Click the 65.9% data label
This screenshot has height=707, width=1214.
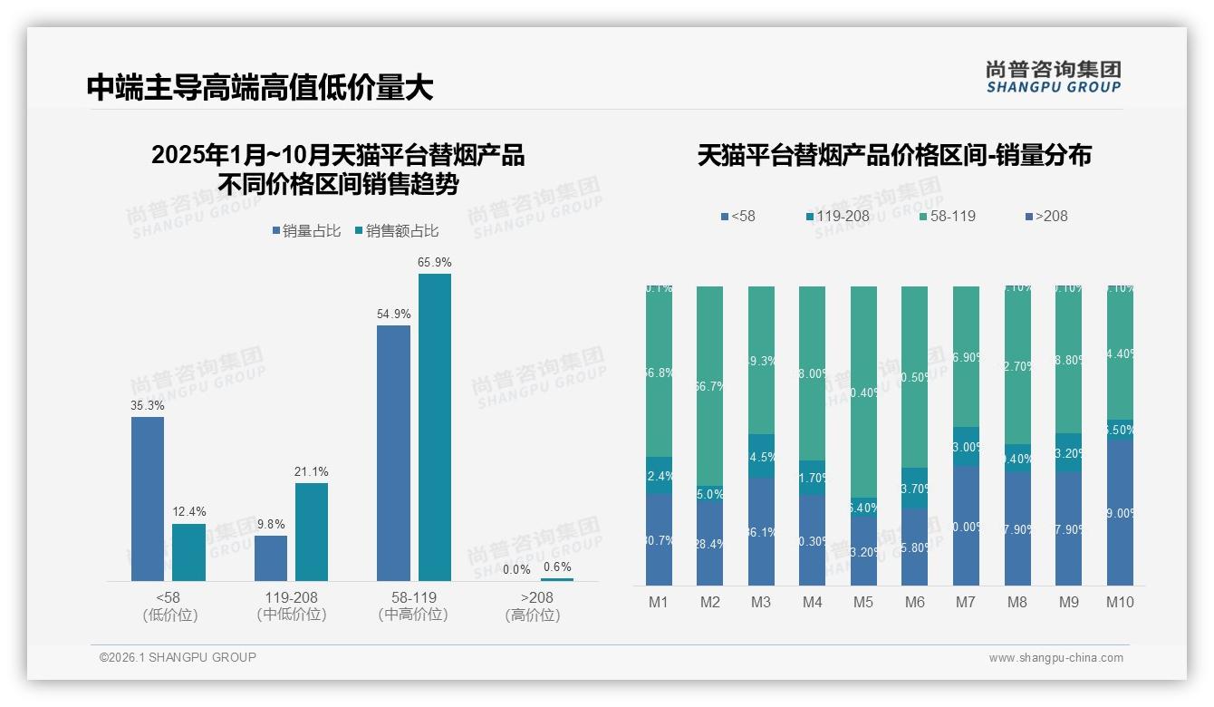pyautogui.click(x=435, y=262)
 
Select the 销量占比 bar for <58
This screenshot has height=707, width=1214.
pyautogui.click(x=148, y=499)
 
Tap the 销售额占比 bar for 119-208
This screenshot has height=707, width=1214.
pyautogui.click(x=312, y=531)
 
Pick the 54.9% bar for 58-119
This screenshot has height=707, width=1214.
pyautogui.click(x=393, y=452)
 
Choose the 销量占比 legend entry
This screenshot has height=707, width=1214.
pyautogui.click(x=306, y=231)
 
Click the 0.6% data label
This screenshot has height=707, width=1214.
pyautogui.click(x=557, y=567)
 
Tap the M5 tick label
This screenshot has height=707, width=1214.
pyautogui.click(x=863, y=602)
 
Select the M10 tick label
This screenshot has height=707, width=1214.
pyautogui.click(x=1120, y=602)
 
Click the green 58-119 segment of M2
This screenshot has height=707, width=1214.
pyautogui.click(x=709, y=385)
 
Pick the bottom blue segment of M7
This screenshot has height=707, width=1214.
pyautogui.click(x=966, y=526)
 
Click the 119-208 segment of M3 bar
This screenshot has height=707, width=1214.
pyautogui.click(x=761, y=456)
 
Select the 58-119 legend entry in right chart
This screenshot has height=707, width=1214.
pyautogui.click(x=948, y=216)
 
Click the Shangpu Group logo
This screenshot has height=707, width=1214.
pyautogui.click(x=1053, y=77)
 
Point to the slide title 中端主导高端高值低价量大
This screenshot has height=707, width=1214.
pyautogui.click(x=260, y=87)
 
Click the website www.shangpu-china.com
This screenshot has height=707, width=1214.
pyautogui.click(x=1055, y=658)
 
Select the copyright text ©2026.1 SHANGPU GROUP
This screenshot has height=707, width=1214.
pyautogui.click(x=178, y=657)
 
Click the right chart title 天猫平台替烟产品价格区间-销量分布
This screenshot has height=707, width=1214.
pyautogui.click(x=893, y=155)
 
